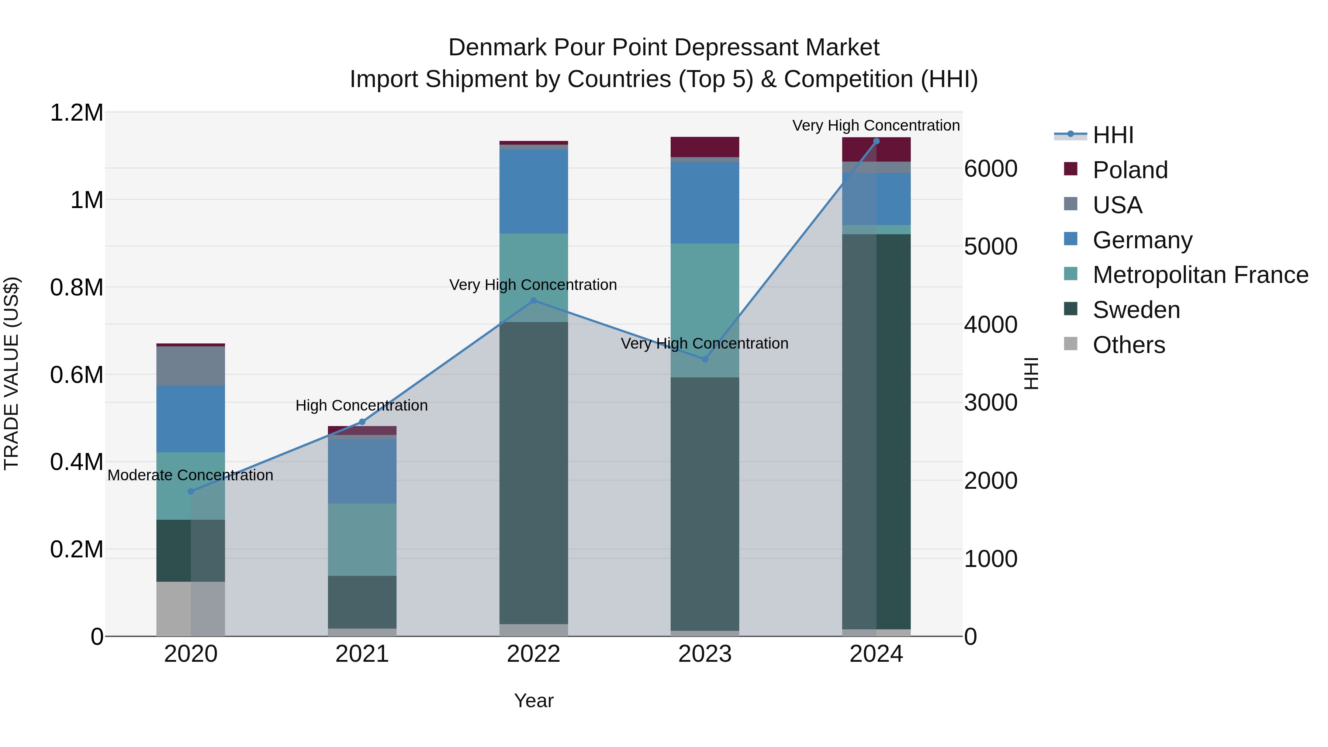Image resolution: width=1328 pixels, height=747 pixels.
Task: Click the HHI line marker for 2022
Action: (x=533, y=301)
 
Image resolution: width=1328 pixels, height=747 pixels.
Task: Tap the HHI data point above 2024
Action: (x=876, y=141)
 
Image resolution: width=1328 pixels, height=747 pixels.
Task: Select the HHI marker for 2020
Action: (x=191, y=491)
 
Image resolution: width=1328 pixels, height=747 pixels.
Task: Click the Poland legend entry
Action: (x=1130, y=170)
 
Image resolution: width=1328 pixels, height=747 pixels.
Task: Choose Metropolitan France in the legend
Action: (x=1200, y=275)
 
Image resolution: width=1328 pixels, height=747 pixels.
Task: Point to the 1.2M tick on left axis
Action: (x=77, y=113)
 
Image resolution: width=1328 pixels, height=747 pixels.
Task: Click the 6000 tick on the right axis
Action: (x=990, y=169)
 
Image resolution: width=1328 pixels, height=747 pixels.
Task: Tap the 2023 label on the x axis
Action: (x=705, y=654)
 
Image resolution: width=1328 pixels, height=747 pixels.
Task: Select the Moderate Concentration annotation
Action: (x=190, y=475)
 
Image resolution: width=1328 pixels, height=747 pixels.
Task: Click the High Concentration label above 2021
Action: (x=362, y=405)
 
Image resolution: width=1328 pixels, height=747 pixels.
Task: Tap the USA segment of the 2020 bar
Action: (x=191, y=366)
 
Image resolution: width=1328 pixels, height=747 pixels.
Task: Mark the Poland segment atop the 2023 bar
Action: (x=705, y=147)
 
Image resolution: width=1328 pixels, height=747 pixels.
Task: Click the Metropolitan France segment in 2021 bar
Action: (x=362, y=539)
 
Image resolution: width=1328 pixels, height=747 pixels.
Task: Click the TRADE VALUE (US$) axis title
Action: (x=11, y=373)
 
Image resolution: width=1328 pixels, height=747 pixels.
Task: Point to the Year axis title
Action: (x=533, y=701)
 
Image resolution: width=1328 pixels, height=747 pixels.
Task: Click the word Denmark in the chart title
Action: (x=497, y=48)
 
